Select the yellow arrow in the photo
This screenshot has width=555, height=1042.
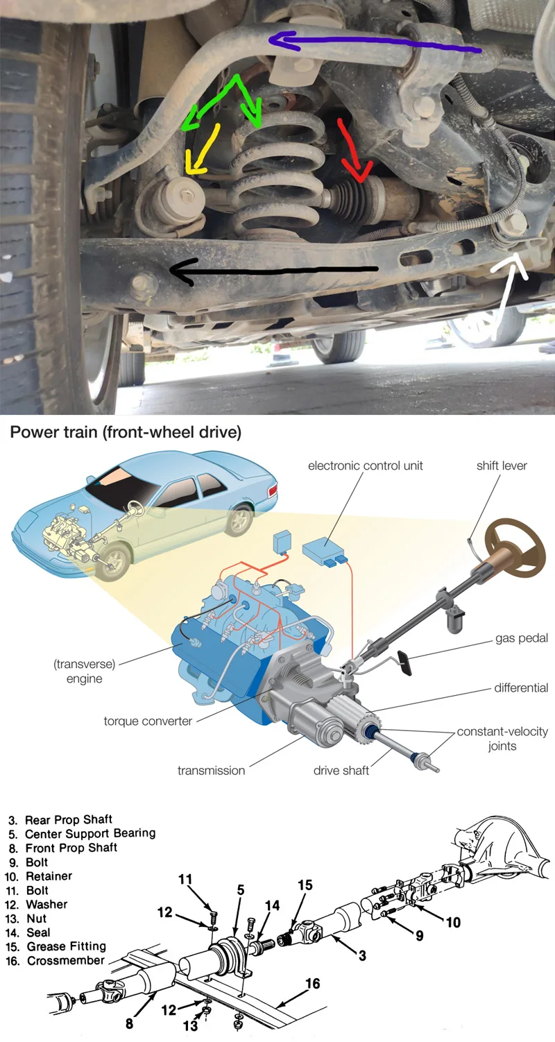pyautogui.click(x=202, y=150)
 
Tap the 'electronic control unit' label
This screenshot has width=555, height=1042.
pyautogui.click(x=365, y=466)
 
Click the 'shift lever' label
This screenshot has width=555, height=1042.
pyautogui.click(x=502, y=466)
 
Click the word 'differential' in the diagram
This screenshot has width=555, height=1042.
pyautogui.click(x=521, y=688)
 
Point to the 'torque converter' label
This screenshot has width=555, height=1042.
pyautogui.click(x=148, y=721)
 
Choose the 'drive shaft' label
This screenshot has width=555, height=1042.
pyautogui.click(x=341, y=770)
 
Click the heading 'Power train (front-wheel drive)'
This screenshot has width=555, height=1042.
pyautogui.click(x=126, y=433)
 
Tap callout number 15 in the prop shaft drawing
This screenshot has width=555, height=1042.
pyautogui.click(x=305, y=885)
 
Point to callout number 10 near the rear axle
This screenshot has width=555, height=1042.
pyautogui.click(x=453, y=922)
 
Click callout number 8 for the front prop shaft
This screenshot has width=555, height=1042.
pyautogui.click(x=130, y=1023)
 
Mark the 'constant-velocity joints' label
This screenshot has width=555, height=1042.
pyautogui.click(x=502, y=739)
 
